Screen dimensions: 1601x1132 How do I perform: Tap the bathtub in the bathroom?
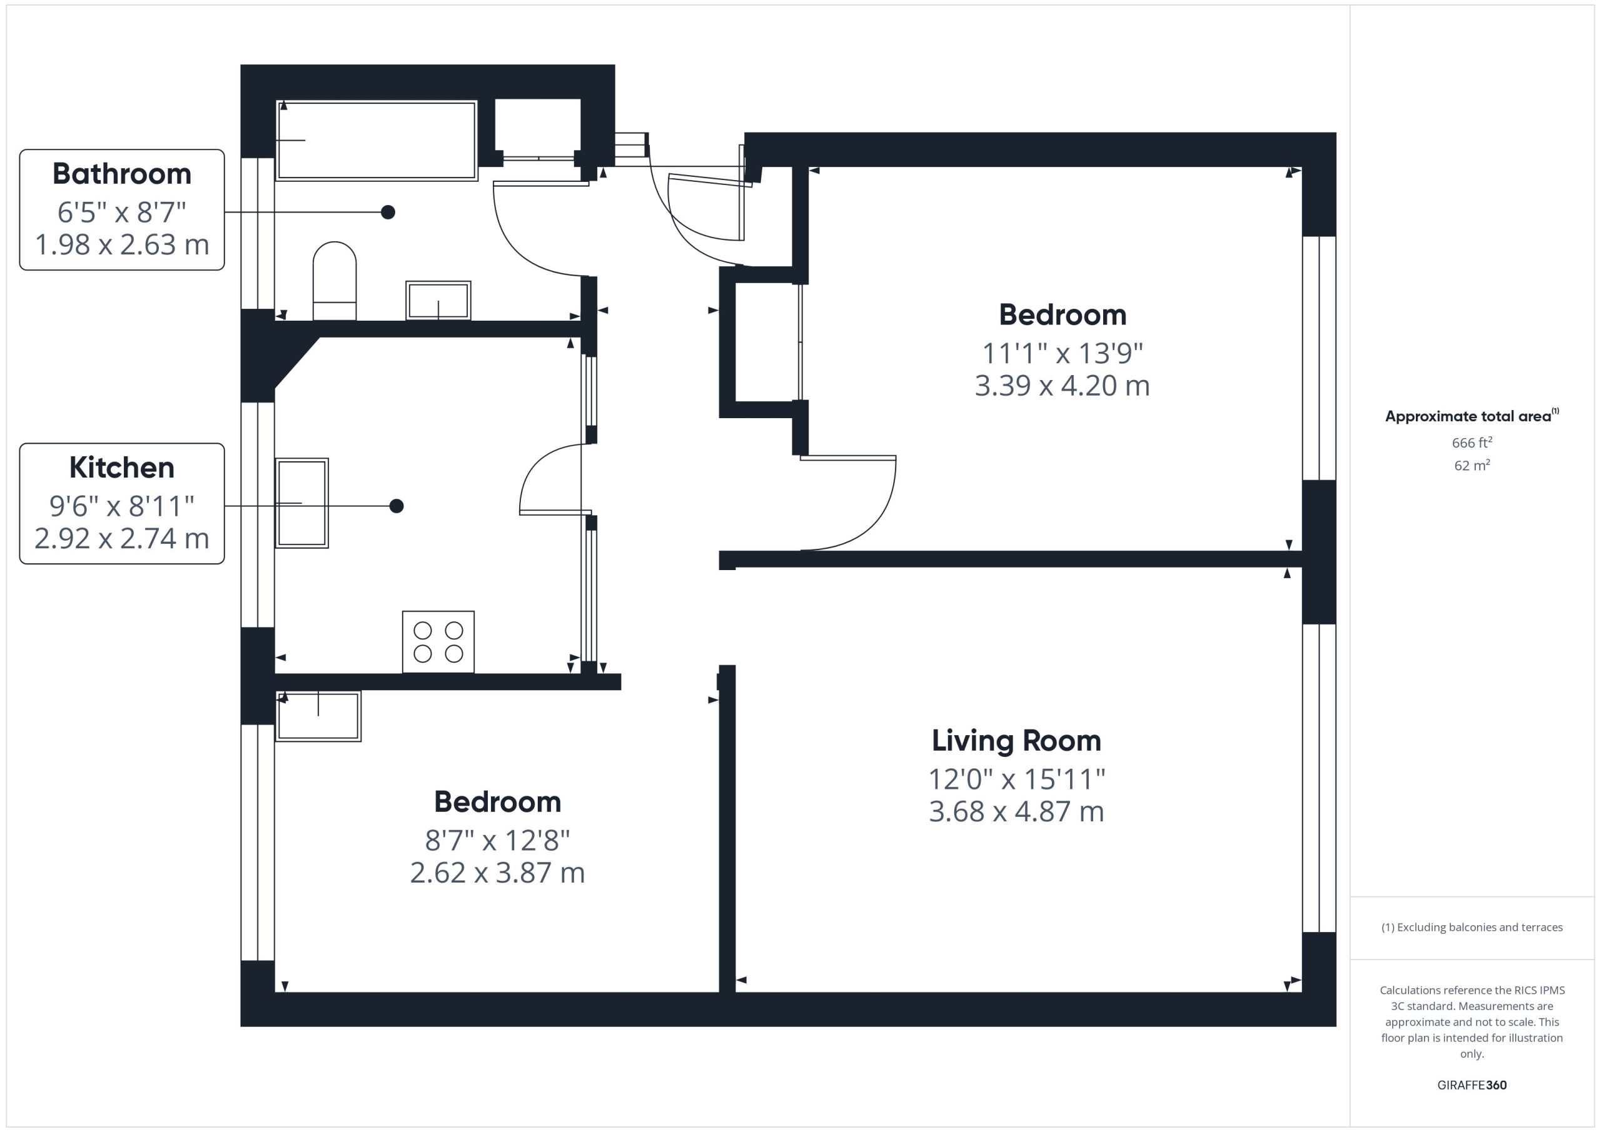pyautogui.click(x=376, y=141)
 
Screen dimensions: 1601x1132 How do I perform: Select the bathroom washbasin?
pyautogui.click(x=438, y=301)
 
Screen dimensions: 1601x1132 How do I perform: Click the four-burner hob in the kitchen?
pyautogui.click(x=438, y=642)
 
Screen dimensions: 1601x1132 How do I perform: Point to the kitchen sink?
pyautogui.click(x=302, y=503)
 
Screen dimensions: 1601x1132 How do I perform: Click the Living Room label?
pyautogui.click(x=1016, y=741)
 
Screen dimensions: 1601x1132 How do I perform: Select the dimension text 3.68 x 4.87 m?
pyautogui.click(x=1016, y=811)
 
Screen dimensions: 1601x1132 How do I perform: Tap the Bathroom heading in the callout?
pyautogui.click(x=122, y=174)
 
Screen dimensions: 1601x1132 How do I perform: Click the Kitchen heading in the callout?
pyautogui.click(x=122, y=468)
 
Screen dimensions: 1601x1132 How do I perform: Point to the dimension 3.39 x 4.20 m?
pyautogui.click(x=1062, y=386)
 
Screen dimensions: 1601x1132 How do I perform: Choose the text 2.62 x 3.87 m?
pyautogui.click(x=497, y=873)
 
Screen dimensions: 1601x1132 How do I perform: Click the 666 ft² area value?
pyautogui.click(x=1472, y=443)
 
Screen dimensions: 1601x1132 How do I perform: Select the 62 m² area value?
pyautogui.click(x=1472, y=465)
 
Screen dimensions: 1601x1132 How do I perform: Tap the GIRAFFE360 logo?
pyautogui.click(x=1472, y=1085)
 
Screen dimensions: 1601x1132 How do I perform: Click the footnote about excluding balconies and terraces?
pyautogui.click(x=1472, y=927)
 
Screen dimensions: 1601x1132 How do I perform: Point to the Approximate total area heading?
pyautogui.click(x=1472, y=416)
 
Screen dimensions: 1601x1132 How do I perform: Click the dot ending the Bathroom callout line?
pyautogui.click(x=388, y=212)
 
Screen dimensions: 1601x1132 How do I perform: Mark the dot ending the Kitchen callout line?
pyautogui.click(x=396, y=506)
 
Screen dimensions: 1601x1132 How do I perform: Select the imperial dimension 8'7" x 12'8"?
pyautogui.click(x=497, y=841)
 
